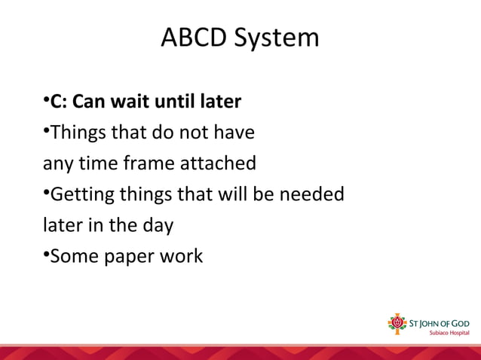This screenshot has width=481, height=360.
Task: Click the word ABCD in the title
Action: [195, 37]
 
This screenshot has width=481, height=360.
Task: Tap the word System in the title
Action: [277, 38]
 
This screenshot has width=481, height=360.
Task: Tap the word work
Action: [180, 256]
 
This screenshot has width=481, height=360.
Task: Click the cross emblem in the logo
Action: [396, 324]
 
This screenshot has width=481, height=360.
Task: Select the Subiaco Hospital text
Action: [449, 333]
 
